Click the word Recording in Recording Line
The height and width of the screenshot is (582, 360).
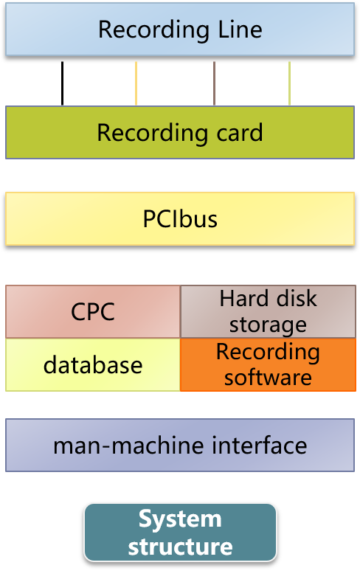(x=153, y=30)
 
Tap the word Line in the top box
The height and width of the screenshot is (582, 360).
(x=240, y=30)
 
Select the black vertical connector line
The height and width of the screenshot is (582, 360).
(x=63, y=83)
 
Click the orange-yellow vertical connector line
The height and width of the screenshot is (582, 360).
(x=136, y=83)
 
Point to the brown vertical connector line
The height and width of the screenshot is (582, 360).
(x=214, y=83)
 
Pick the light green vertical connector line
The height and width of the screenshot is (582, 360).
(x=289, y=83)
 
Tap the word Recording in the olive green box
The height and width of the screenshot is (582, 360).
(x=152, y=134)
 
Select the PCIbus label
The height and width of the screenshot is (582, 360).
(x=180, y=219)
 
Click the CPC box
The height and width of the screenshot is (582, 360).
(x=93, y=312)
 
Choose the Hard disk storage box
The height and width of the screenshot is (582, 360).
(x=268, y=312)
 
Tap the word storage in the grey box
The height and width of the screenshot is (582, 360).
(x=268, y=325)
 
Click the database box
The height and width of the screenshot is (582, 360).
(x=93, y=364)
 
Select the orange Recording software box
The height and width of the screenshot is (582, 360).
(x=268, y=364)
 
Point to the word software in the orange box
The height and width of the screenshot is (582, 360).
(x=268, y=378)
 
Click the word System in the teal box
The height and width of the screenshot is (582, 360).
(x=180, y=519)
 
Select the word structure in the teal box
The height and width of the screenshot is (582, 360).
(x=180, y=547)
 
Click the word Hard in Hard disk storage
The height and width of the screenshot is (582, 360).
(x=243, y=299)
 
